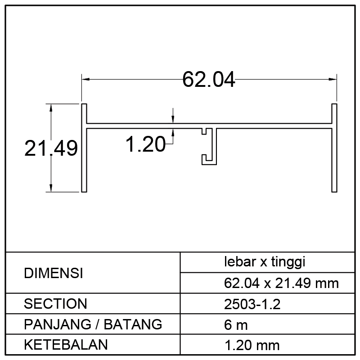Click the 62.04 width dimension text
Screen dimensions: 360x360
(209, 80)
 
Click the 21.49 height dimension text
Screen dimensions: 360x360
(51, 148)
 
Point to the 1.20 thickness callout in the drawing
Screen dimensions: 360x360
(145, 144)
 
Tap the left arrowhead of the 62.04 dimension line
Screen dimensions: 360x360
(85, 79)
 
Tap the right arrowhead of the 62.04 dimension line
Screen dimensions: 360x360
(333, 79)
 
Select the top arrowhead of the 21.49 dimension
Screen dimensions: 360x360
(51, 108)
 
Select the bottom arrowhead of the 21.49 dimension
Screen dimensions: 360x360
(51, 188)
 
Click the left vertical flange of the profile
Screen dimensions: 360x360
(84, 148)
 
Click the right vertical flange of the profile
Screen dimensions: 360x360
(334, 148)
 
